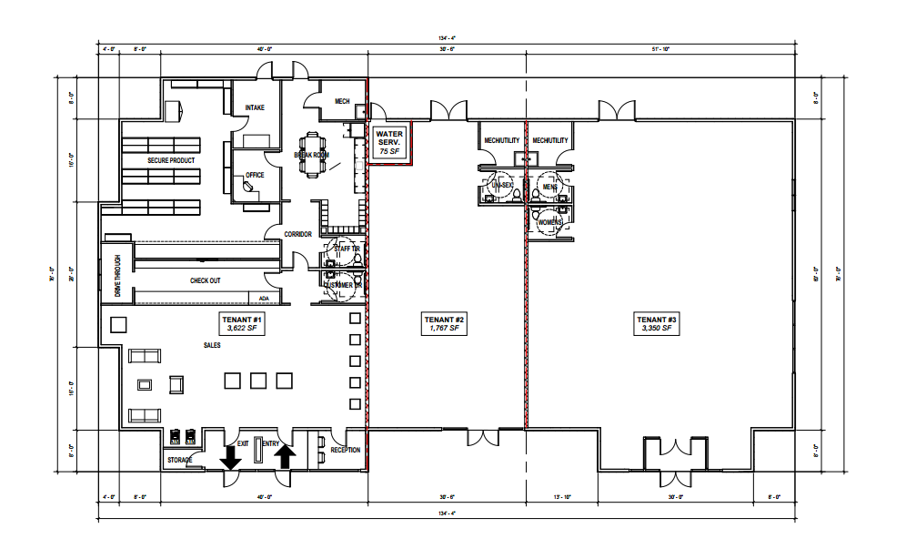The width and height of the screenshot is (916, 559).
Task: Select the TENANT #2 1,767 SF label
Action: [x=445, y=323]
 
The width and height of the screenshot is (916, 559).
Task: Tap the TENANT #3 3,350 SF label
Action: [x=656, y=323]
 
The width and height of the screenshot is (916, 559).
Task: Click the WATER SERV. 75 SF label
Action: [x=389, y=143]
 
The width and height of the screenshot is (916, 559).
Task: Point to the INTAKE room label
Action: [x=255, y=108]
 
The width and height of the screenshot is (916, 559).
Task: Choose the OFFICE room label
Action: [x=255, y=175]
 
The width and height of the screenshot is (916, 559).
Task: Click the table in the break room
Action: [x=314, y=155]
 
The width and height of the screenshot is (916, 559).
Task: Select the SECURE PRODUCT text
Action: [x=172, y=160]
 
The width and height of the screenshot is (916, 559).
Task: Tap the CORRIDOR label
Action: [x=298, y=234]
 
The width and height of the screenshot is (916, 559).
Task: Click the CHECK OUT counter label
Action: [x=205, y=280]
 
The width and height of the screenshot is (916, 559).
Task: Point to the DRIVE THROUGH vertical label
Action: [x=117, y=274]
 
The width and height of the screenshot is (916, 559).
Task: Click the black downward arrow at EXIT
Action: [x=231, y=457]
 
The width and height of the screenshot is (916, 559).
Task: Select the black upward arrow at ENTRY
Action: [x=285, y=455]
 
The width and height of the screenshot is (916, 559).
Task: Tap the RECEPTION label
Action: [x=345, y=450]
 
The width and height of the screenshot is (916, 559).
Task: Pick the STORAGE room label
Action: [x=180, y=461]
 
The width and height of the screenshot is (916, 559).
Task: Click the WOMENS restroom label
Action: [x=550, y=223]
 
